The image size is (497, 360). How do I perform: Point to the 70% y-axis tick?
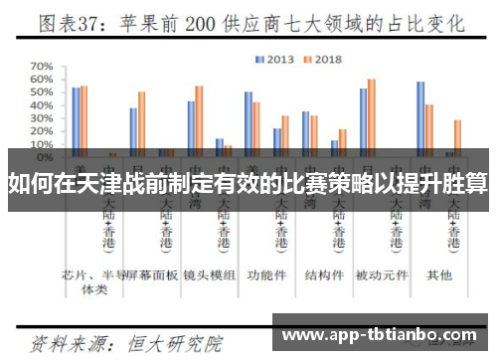[x=42, y=68]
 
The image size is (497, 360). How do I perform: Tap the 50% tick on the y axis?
[x=42, y=93]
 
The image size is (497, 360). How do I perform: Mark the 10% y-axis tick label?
[x=42, y=144]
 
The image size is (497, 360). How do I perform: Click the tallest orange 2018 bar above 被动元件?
[x=372, y=114]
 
